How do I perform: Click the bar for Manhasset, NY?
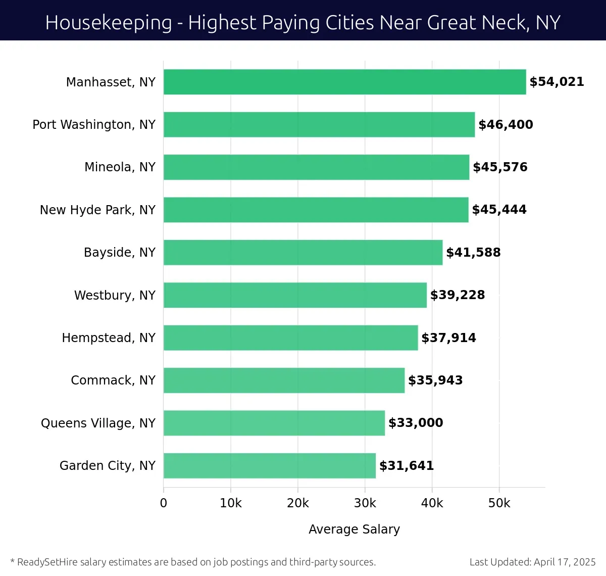(344, 82)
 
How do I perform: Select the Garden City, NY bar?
(269, 465)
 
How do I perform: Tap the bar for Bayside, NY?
(302, 252)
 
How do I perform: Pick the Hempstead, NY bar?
(290, 338)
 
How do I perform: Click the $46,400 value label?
(506, 125)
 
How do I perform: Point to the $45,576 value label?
(500, 167)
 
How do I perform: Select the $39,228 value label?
(458, 295)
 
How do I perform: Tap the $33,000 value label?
(416, 423)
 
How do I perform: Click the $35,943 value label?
(435, 380)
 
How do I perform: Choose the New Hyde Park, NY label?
(97, 210)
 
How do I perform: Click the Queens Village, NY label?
(98, 423)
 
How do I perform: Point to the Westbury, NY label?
(115, 295)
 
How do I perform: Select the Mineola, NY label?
(120, 167)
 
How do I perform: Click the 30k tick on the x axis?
(365, 503)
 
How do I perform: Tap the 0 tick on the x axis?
(164, 503)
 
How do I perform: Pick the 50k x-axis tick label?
(499, 503)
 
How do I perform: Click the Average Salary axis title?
(354, 529)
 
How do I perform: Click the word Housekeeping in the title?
(109, 23)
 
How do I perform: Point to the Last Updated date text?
(532, 562)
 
